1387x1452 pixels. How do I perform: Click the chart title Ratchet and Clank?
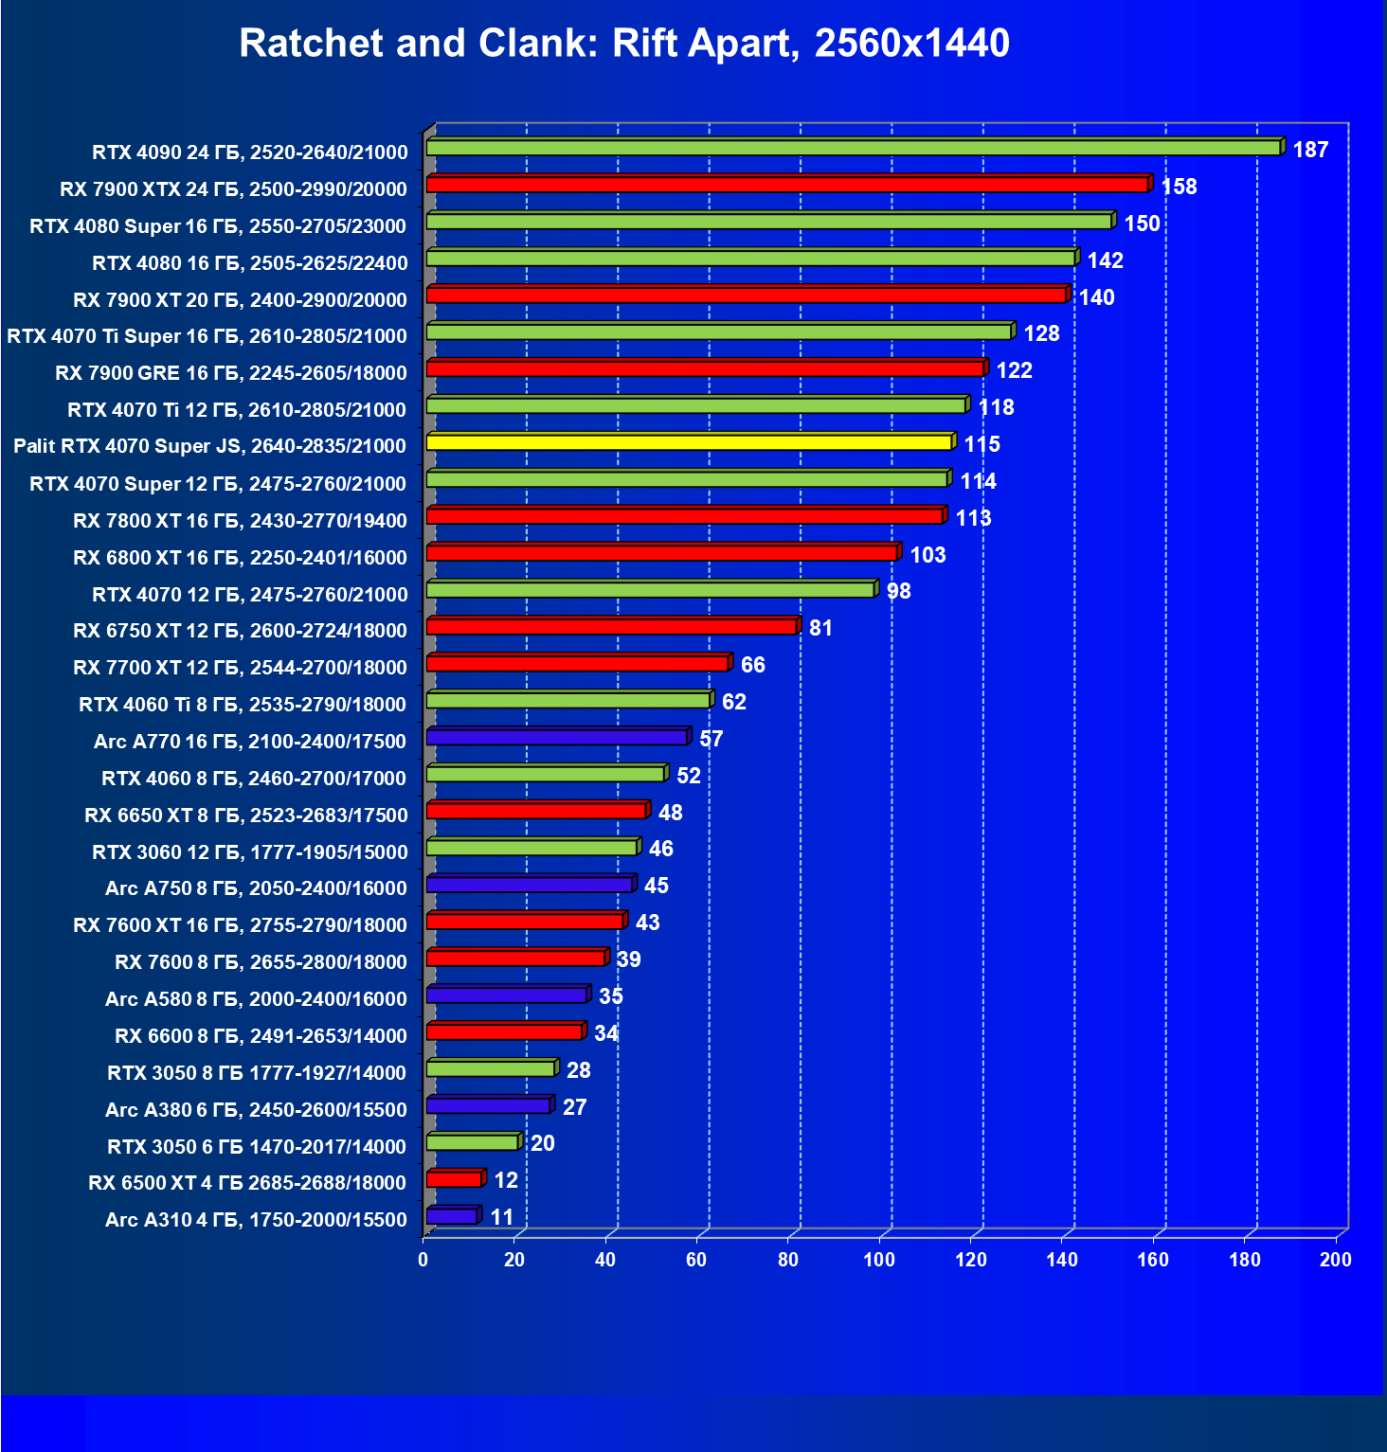point(623,44)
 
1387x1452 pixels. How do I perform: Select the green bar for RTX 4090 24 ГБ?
point(853,148)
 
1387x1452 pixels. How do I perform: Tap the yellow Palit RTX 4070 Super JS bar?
point(689,442)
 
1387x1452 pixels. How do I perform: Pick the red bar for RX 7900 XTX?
point(786,185)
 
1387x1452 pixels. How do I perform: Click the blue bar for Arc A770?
point(557,737)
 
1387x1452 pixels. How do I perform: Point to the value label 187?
point(1310,150)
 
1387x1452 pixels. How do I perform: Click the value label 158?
point(1179,187)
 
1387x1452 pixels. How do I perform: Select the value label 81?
point(820,628)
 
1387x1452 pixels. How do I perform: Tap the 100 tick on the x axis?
point(878,1260)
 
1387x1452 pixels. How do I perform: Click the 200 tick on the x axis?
point(1335,1260)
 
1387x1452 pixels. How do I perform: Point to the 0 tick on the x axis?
point(423,1260)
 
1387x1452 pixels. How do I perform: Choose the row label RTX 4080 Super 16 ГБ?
point(218,225)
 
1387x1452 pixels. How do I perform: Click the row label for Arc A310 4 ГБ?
point(256,1219)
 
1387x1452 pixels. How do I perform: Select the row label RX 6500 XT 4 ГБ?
point(247,1182)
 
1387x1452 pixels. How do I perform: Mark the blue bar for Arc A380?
point(488,1105)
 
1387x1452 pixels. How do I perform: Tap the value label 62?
point(733,702)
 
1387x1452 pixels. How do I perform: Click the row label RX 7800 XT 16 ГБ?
point(240,520)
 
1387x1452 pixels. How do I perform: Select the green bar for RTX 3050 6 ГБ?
point(472,1142)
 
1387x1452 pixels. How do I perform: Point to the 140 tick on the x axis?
point(1061,1260)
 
